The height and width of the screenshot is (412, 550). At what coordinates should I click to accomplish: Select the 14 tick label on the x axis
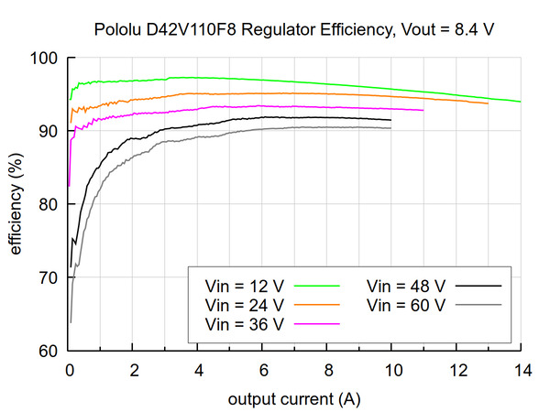tap(521, 371)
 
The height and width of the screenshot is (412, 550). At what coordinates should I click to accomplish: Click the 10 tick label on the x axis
tap(391, 371)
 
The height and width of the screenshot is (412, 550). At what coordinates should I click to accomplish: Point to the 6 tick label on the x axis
tap(263, 371)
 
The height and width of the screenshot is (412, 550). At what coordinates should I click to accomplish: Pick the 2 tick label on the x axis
tap(134, 371)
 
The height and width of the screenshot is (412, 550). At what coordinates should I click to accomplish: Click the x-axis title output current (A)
tap(295, 398)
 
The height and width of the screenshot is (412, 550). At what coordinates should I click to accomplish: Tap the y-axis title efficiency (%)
tap(16, 204)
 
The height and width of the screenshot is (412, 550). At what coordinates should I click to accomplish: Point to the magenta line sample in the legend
tap(317, 323)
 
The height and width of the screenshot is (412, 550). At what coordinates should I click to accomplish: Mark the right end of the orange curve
tap(488, 103)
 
